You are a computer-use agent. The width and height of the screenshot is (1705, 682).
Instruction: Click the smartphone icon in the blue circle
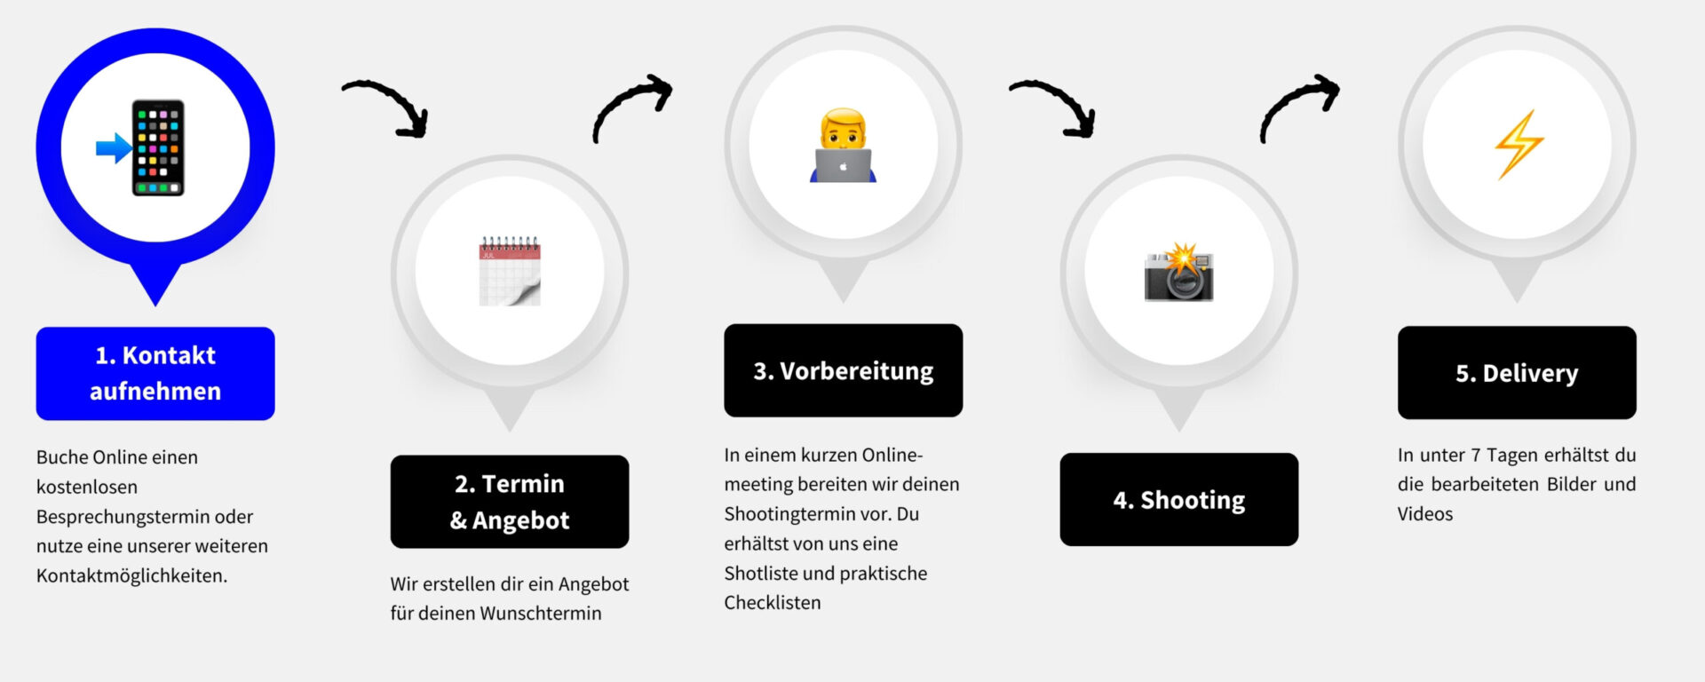(x=158, y=147)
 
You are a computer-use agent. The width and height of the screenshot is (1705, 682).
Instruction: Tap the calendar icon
(x=510, y=271)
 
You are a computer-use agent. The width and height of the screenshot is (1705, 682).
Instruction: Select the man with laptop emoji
(x=843, y=146)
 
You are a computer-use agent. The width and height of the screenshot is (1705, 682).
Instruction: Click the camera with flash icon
(x=1178, y=272)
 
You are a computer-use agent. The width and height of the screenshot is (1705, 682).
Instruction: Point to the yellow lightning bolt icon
(x=1519, y=144)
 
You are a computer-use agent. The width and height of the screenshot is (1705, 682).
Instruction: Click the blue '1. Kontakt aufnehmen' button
(x=155, y=373)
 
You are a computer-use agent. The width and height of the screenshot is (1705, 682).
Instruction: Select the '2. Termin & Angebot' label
(x=510, y=502)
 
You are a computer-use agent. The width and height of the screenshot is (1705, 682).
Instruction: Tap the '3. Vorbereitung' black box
(x=843, y=370)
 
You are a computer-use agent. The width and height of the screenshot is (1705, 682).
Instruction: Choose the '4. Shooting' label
(x=1178, y=500)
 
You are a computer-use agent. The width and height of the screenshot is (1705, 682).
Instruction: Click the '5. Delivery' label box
(x=1517, y=373)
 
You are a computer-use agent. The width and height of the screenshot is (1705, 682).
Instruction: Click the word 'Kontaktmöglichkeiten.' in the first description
(x=131, y=575)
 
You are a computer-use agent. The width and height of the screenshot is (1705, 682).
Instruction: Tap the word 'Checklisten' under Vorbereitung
(x=772, y=603)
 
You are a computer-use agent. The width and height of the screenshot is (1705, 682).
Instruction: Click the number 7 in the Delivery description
(x=1475, y=456)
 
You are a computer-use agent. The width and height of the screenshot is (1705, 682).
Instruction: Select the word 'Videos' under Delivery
(x=1424, y=514)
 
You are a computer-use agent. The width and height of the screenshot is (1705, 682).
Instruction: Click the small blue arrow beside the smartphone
(x=113, y=148)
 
